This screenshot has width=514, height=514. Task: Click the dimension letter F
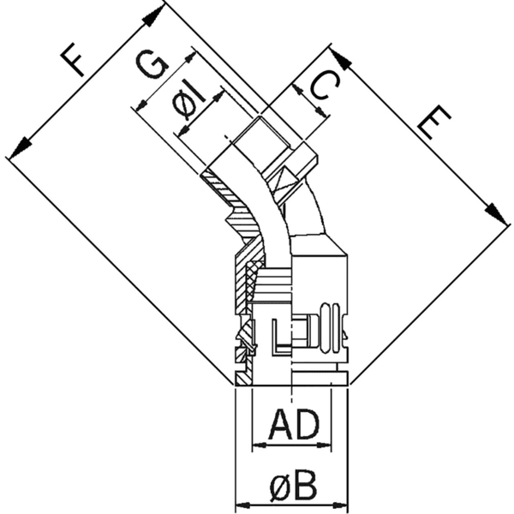(75, 61)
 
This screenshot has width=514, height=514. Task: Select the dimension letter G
(152, 66)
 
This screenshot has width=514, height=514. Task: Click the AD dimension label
(293, 425)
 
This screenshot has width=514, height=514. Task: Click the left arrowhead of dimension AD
(258, 445)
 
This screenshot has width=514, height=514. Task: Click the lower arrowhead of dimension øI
(182, 131)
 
